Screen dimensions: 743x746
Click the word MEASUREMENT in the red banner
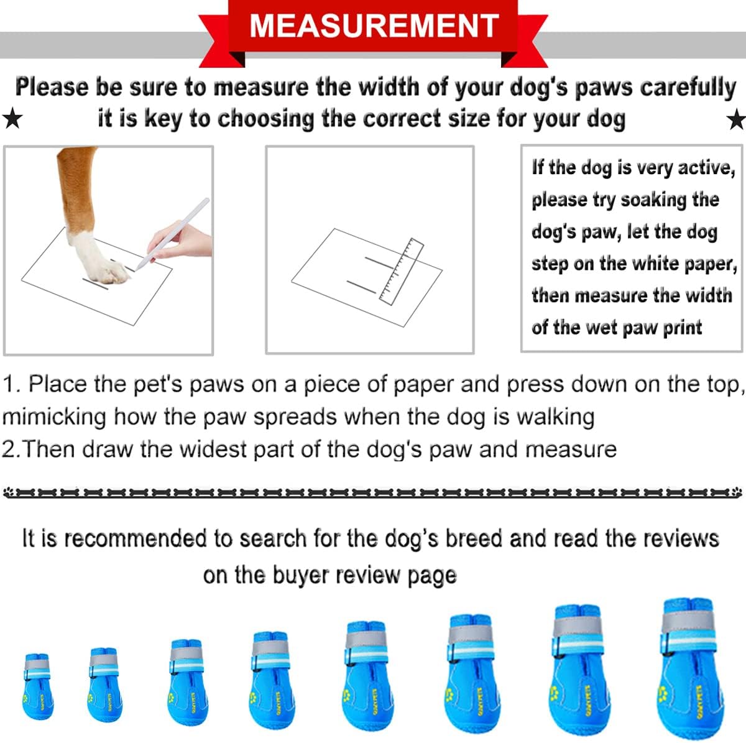click(x=374, y=25)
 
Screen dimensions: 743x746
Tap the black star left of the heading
click(x=12, y=118)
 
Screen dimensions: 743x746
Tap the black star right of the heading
click(x=736, y=118)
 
